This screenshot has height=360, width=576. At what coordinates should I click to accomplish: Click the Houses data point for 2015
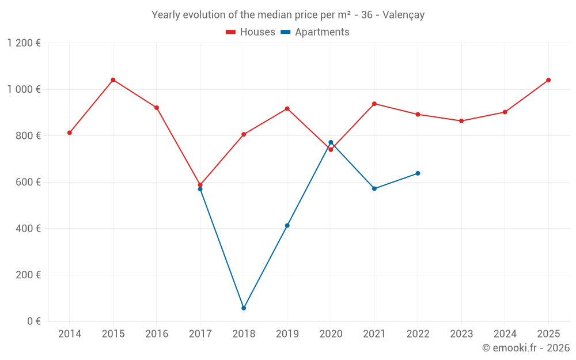[x=113, y=79]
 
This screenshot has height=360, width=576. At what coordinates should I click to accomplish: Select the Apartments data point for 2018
[x=244, y=308]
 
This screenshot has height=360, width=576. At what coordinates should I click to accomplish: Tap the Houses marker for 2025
[x=548, y=80]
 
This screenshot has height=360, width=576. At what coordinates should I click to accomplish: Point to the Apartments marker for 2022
[x=418, y=173]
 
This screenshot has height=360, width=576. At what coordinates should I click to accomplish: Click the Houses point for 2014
[x=70, y=132]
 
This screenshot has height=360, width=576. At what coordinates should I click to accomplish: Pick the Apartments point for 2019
[x=287, y=225]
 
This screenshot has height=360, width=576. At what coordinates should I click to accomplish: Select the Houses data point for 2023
[x=461, y=121]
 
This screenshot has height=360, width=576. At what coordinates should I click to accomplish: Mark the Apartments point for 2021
[x=374, y=188]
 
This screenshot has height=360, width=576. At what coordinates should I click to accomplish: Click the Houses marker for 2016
[x=157, y=108]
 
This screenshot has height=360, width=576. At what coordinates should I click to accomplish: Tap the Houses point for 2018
[x=244, y=134]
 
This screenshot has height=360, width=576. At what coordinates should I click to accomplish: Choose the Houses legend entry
[x=251, y=32]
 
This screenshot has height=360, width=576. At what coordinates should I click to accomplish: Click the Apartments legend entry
[x=315, y=32]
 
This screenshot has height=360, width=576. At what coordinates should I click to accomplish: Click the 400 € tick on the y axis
[x=29, y=229]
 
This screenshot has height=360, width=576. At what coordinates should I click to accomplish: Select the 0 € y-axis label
[x=34, y=321]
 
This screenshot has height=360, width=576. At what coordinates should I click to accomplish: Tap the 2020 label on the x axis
[x=331, y=334]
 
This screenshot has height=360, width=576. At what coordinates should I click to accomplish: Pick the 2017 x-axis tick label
[x=200, y=334]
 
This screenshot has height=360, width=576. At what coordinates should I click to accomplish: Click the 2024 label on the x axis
[x=505, y=334]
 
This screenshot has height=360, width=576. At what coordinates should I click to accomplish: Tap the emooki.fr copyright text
[x=526, y=348]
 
